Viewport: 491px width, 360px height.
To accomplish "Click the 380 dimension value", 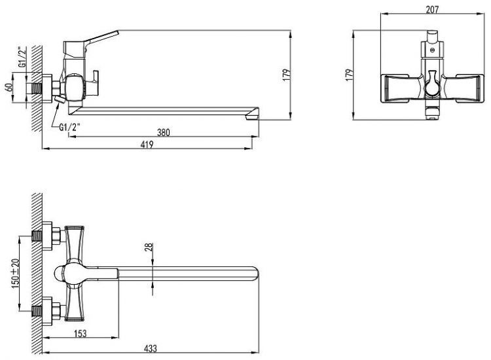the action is click(163, 132).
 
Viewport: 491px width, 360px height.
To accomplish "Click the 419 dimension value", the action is click(147, 145).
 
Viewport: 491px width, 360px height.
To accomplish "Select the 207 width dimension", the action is click(432, 10).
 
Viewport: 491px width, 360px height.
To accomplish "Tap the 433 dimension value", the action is click(151, 348).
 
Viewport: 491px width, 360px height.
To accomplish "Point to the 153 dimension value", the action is click(81, 333).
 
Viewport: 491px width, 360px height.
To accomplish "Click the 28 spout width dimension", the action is click(149, 247).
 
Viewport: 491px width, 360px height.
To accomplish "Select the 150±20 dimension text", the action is click(15, 274).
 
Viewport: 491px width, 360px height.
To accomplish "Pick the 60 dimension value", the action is click(9, 86).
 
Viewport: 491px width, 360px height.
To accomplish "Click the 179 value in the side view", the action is click(287, 75).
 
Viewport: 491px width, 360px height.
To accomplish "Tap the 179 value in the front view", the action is click(349, 75).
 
